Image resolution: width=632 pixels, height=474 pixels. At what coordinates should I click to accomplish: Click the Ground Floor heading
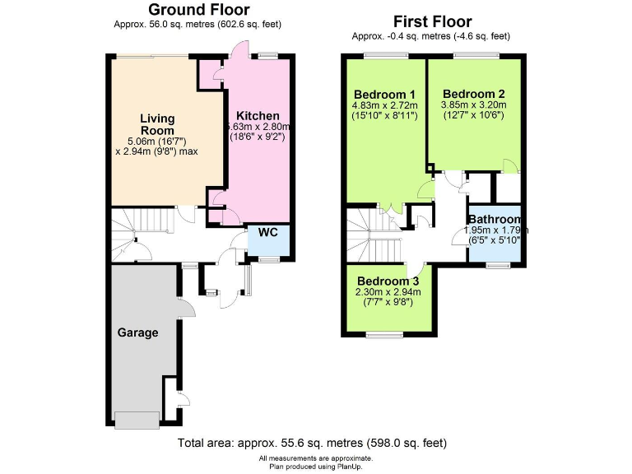[198, 10]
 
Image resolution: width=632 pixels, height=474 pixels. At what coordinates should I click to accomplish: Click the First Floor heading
[432, 21]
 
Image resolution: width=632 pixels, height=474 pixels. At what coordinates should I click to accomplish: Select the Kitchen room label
[258, 115]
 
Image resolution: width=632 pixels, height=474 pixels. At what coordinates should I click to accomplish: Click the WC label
[268, 232]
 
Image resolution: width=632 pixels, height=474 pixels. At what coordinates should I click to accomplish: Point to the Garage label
[137, 332]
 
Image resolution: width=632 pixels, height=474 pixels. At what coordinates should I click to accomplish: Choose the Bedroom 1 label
[385, 93]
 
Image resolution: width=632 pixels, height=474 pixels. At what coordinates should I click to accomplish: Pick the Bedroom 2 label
[473, 93]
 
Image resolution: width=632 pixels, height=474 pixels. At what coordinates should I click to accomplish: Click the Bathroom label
[495, 220]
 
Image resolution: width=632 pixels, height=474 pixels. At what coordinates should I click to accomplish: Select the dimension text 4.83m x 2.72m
[385, 105]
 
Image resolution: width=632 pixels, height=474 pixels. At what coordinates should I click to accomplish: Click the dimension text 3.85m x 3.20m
[473, 105]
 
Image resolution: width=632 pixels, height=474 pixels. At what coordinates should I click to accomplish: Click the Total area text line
[312, 443]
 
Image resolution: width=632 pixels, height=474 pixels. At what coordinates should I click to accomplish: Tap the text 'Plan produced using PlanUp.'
[316, 466]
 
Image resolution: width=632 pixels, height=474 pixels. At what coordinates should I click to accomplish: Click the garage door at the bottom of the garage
[137, 420]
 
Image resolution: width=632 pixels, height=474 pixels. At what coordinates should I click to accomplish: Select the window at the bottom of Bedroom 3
[385, 335]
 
